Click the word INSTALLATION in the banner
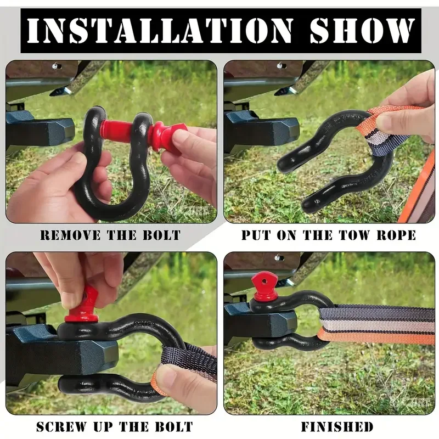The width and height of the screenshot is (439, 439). pos(160,31)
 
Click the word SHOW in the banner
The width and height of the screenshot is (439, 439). pos(362,31)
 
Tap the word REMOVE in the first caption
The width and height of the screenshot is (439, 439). pos(70,235)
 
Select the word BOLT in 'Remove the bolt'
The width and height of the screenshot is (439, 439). pos(161,235)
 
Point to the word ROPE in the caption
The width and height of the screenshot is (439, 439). pos(396,235)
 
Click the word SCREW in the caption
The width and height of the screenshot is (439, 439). pos(61,427)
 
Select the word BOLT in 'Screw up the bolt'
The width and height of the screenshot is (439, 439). pos(174,427)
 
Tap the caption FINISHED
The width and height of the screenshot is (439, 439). pos(337,427)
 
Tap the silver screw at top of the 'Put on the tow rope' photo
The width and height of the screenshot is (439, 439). pos(280,66)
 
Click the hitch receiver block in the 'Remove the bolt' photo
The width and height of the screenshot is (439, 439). pos(39,130)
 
